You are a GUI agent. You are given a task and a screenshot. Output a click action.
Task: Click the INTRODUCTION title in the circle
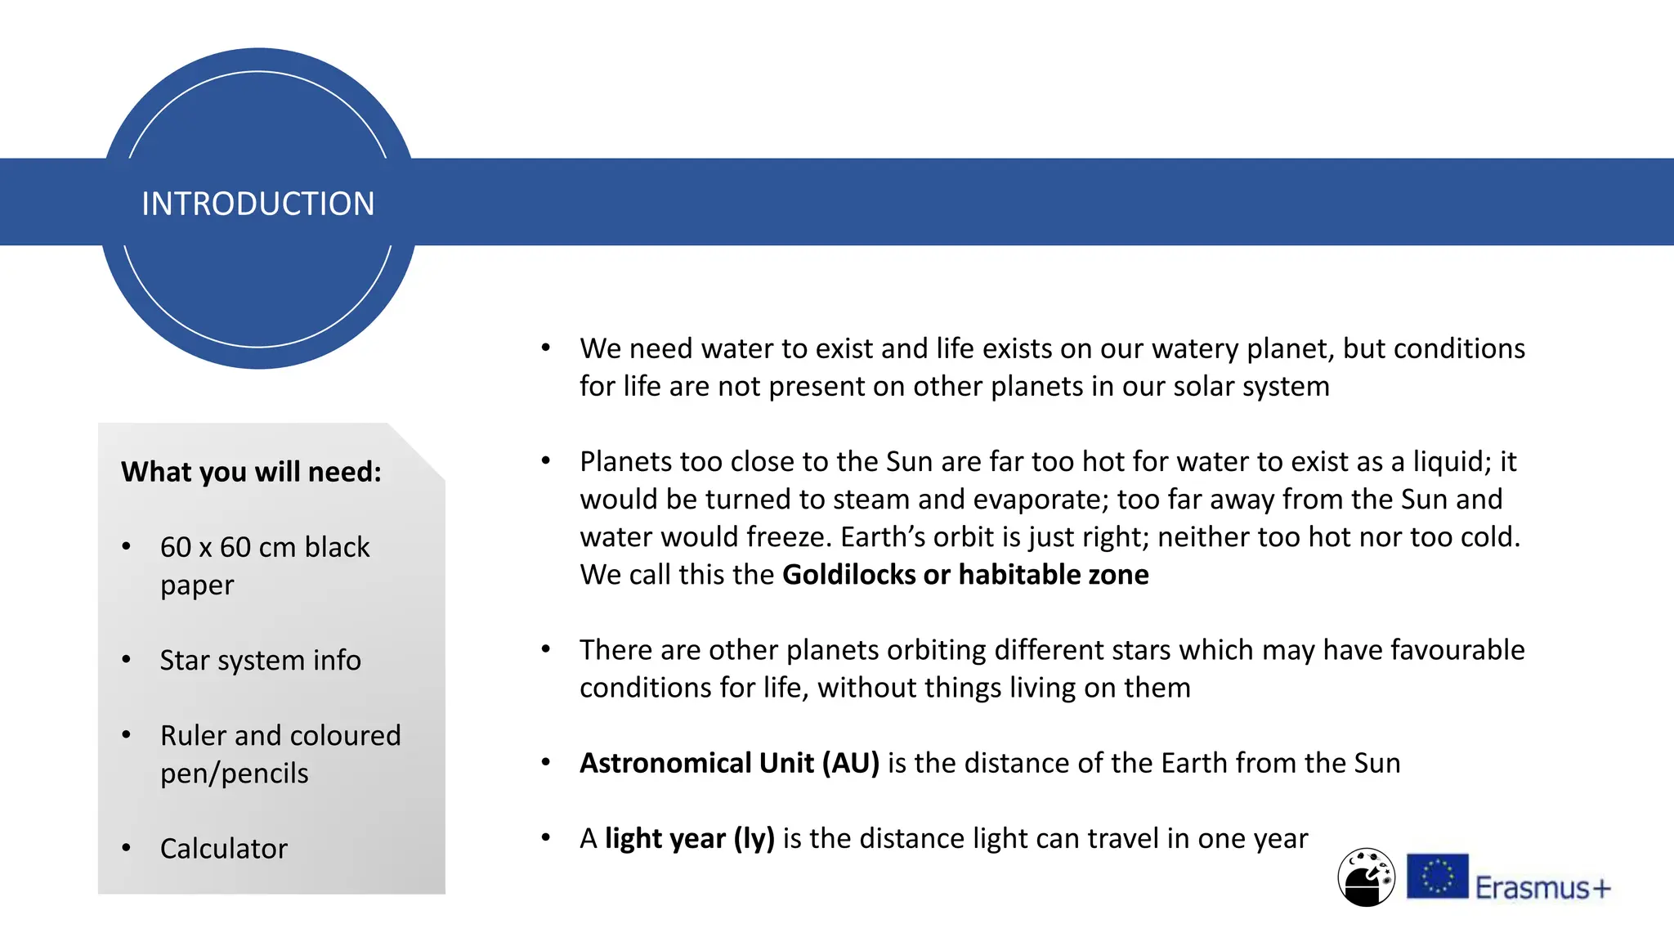[x=257, y=204]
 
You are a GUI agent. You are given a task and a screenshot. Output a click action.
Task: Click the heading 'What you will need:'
[x=251, y=472]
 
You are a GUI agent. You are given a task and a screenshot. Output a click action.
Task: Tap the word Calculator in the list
[x=223, y=849]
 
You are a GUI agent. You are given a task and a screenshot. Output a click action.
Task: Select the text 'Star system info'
[x=260, y=660]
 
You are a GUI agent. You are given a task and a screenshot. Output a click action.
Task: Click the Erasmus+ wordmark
[x=1542, y=888]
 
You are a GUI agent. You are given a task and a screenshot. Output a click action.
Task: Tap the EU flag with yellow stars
[x=1437, y=876]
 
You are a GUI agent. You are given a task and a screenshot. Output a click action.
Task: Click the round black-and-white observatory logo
[x=1366, y=877]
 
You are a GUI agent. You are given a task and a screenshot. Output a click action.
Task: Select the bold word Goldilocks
[x=848, y=575]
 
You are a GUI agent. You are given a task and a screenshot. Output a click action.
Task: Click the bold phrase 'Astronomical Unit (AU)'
[x=729, y=763]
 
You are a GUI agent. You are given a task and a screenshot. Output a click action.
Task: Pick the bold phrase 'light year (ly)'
[x=689, y=839]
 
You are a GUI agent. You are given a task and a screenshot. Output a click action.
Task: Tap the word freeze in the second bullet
[x=785, y=537]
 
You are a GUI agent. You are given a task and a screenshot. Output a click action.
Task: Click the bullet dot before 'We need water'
[x=546, y=348]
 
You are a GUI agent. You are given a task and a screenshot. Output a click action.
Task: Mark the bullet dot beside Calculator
[x=126, y=848]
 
